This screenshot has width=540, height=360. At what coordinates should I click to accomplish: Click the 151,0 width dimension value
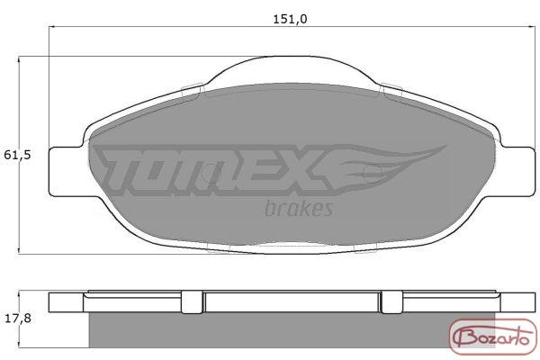click(290, 19)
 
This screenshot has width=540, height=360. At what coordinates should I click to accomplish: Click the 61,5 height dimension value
click(17, 156)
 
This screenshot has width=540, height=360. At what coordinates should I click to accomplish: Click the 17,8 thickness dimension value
click(18, 319)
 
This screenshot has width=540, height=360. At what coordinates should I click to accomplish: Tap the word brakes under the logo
click(299, 208)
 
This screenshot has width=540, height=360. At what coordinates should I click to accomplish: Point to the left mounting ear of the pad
click(66, 172)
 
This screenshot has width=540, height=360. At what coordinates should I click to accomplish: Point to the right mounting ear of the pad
click(518, 172)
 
